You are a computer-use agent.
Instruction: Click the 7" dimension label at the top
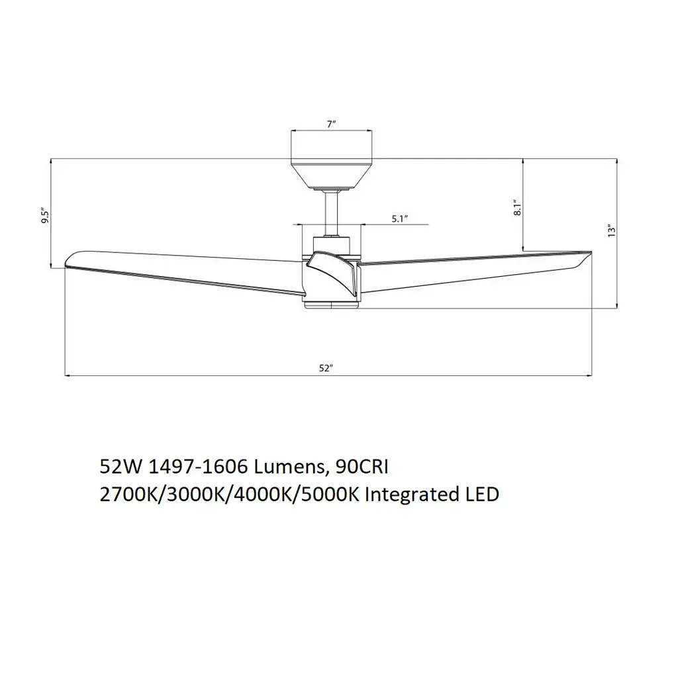[332, 124]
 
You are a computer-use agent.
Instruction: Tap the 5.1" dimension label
[400, 218]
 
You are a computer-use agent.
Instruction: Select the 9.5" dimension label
[46, 217]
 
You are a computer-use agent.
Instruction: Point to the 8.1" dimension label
[518, 207]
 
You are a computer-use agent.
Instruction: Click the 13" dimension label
[611, 231]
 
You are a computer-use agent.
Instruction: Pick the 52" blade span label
[326, 368]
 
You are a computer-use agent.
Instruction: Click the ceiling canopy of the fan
[332, 174]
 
